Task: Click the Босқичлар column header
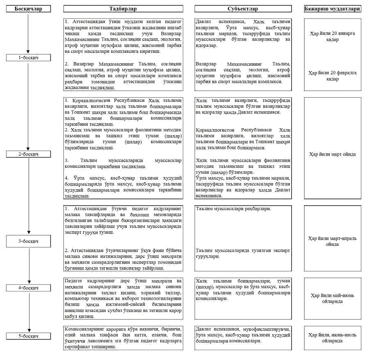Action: coord(28,9)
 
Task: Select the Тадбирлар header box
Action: coord(123,9)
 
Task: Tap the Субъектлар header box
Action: coord(243,9)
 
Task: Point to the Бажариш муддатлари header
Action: coord(333,9)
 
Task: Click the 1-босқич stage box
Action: coord(28,58)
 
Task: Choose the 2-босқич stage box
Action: coord(28,154)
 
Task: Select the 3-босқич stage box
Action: coord(28,241)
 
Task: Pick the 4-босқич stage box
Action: coord(28,288)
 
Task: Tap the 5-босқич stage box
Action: coord(28,336)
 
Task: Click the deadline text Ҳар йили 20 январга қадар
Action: coord(333,37)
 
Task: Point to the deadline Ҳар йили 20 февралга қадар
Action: coord(333,76)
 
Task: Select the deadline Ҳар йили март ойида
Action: coord(333,154)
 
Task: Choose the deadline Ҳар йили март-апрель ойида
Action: coord(333,241)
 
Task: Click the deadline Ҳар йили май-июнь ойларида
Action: coord(333,298)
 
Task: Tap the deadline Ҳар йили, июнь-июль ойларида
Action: coord(333,338)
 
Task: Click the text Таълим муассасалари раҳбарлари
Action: coord(233,209)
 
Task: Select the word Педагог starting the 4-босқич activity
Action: coord(74,281)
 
